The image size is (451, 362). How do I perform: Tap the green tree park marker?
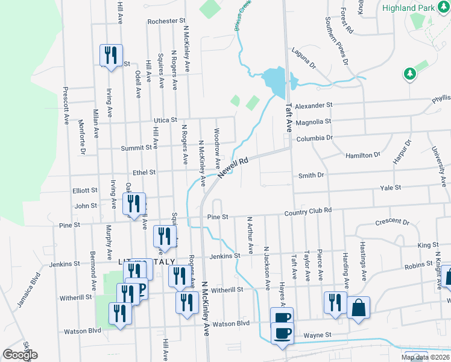(410, 74)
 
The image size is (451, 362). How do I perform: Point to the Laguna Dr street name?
(303, 59)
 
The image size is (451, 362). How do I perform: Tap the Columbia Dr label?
(314, 138)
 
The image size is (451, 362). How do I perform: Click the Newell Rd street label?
(233, 168)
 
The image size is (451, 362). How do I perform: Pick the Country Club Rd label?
(309, 211)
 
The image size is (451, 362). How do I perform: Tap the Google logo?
(19, 355)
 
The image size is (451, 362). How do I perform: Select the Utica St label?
(164, 121)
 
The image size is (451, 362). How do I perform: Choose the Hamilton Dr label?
(363, 155)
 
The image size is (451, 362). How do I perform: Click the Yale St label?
(390, 188)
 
